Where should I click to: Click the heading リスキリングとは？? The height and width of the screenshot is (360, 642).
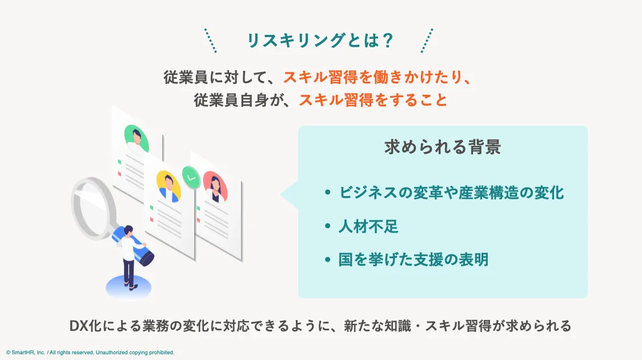pyautogui.click(x=320, y=40)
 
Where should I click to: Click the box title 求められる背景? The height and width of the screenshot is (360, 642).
pyautogui.click(x=443, y=147)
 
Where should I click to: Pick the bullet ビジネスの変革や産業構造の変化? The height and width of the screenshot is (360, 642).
pyautogui.click(x=451, y=193)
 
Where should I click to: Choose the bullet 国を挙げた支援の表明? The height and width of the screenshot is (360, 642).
pyautogui.click(x=414, y=260)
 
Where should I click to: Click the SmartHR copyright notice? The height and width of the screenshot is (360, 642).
pyautogui.click(x=90, y=353)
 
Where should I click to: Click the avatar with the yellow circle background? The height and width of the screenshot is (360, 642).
pyautogui.click(x=168, y=184)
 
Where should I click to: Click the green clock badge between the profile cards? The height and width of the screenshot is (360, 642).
pyautogui.click(x=191, y=177)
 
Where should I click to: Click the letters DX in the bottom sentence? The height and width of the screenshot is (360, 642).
pyautogui.click(x=79, y=326)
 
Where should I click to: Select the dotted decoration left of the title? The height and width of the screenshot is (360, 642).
pyautogui.click(x=210, y=41)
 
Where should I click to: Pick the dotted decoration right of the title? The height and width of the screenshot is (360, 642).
pyautogui.click(x=427, y=41)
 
